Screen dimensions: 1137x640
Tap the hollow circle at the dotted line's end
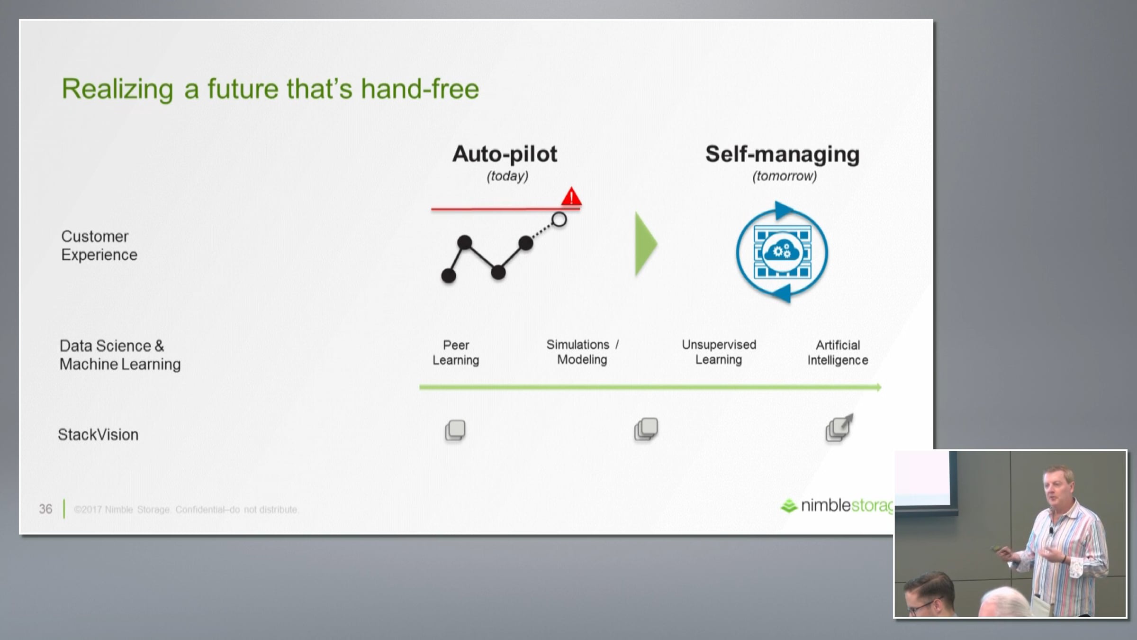pyautogui.click(x=559, y=219)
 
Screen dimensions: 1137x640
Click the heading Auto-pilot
pyautogui.click(x=505, y=154)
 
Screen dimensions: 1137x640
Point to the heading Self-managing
pyautogui.click(x=782, y=155)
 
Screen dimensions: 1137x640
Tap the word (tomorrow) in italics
pyautogui.click(x=785, y=176)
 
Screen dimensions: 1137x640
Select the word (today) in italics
pyautogui.click(x=507, y=176)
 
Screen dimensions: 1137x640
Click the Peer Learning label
pyautogui.click(x=456, y=352)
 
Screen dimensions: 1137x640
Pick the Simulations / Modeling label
pyautogui.click(x=583, y=352)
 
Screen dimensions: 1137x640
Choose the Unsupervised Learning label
pyautogui.click(x=719, y=352)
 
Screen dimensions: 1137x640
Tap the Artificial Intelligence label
pyautogui.click(x=838, y=352)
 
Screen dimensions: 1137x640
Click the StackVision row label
pyautogui.click(x=98, y=435)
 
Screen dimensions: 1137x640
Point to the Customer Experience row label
pyautogui.click(x=99, y=246)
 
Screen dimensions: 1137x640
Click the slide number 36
pyautogui.click(x=45, y=509)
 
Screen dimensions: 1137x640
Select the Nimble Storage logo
pyautogui.click(x=837, y=506)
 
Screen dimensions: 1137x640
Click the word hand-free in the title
pyautogui.click(x=420, y=89)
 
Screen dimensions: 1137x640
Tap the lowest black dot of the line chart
pyautogui.click(x=449, y=275)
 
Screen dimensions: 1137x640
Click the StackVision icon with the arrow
pyautogui.click(x=839, y=428)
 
